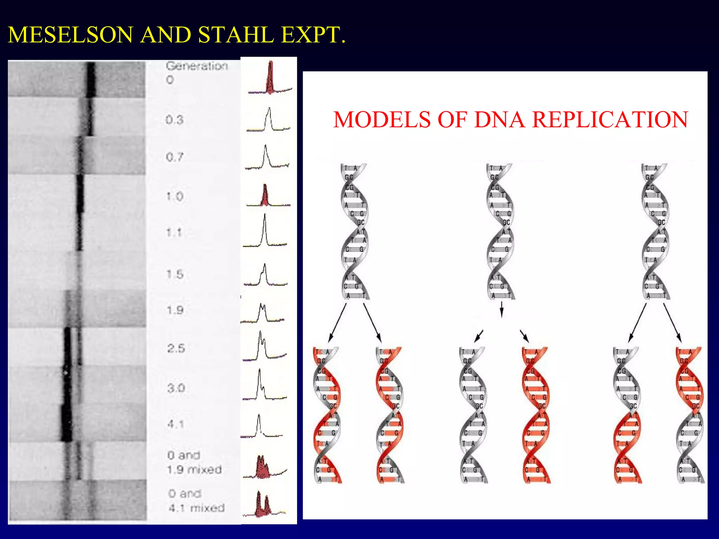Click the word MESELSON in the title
point(70,35)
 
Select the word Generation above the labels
point(197,66)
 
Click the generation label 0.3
point(174,120)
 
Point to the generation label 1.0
point(174,196)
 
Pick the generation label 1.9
point(175,310)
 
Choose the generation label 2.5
point(176,348)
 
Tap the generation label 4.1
point(176,424)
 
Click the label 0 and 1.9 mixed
point(194,463)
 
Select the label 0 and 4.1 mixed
point(196,501)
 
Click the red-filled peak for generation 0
point(270,79)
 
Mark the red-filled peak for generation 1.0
point(265,197)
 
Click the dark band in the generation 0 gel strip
point(91,79)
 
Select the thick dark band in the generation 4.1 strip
point(66,422)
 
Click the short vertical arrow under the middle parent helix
point(501,309)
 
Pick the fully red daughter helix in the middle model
point(535,415)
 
